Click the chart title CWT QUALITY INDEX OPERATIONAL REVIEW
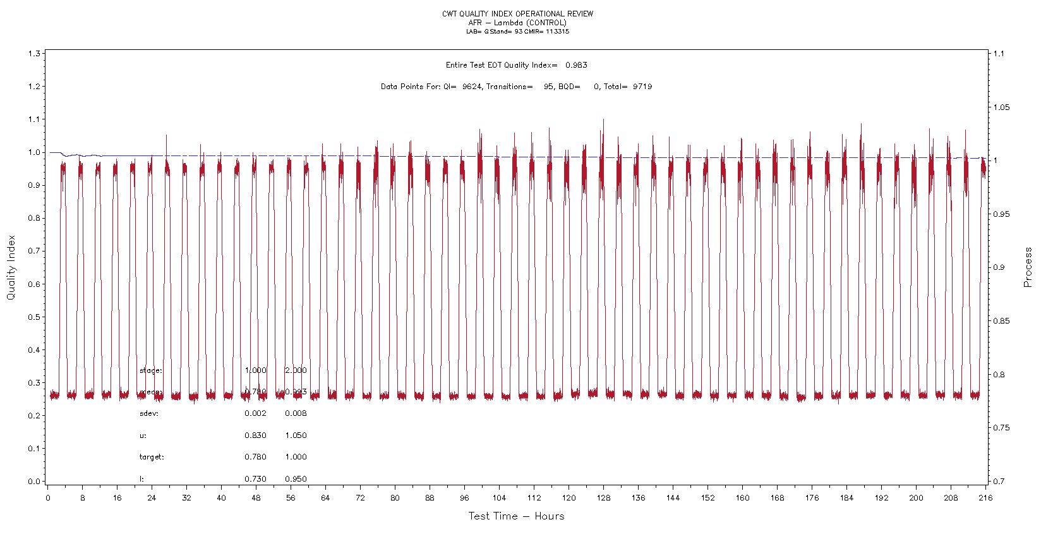pos(517,14)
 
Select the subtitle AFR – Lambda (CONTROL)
pos(517,23)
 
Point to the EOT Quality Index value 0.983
pos(577,65)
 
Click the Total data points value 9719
pos(642,87)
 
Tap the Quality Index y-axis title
pos(11,268)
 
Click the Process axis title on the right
pos(1028,268)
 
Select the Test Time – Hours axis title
pos(516,516)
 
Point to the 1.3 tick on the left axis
pos(35,54)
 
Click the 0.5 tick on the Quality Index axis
pos(35,317)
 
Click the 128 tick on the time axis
pos(603,498)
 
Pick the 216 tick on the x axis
pos(985,498)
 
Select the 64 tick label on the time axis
pos(325,498)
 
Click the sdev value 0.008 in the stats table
pos(296,414)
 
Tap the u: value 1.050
pos(296,435)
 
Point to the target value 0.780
pos(255,457)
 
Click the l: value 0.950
pos(296,479)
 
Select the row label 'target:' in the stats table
pos(152,457)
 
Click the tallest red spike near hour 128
pos(603,120)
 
